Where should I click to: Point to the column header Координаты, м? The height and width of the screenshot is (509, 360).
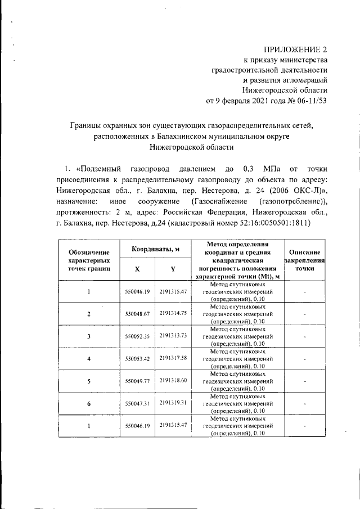click(x=155, y=249)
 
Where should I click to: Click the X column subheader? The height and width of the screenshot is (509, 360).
click(x=137, y=269)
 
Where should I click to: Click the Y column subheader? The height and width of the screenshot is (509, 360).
click(x=173, y=269)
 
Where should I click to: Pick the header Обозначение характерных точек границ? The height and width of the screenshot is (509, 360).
click(x=88, y=260)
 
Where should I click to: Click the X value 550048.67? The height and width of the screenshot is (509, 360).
click(x=137, y=314)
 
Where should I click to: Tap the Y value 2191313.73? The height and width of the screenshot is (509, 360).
click(x=173, y=335)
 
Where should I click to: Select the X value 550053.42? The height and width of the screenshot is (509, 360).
click(x=137, y=358)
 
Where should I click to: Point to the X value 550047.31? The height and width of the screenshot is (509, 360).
click(x=137, y=403)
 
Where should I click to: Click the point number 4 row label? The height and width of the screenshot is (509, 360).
click(x=89, y=359)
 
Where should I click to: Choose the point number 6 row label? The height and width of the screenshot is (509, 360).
click(x=89, y=403)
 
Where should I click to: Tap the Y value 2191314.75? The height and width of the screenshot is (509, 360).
click(x=173, y=313)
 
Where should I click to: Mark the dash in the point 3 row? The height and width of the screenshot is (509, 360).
click(x=304, y=336)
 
